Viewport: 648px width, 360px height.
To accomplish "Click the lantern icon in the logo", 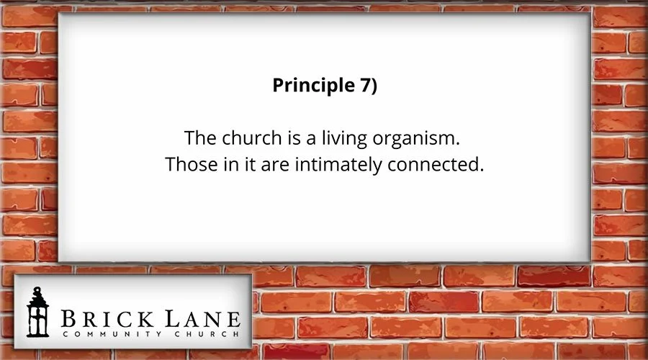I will pyautogui.click(x=36, y=312).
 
